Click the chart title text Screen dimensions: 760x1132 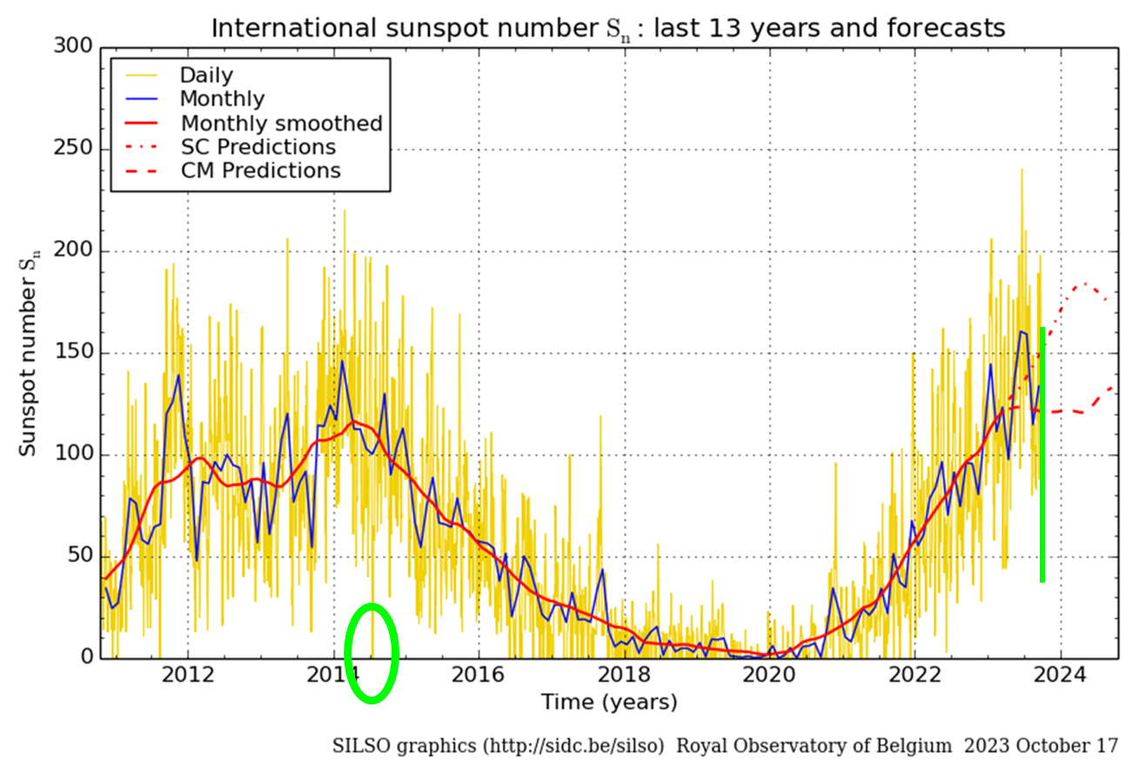pos(608,28)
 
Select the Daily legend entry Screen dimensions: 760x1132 pos(205,76)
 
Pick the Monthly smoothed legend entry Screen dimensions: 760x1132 pos(281,123)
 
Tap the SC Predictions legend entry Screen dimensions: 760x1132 pos(258,146)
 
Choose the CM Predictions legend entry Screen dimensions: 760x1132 pos(260,170)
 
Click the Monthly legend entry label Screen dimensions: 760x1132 pos(222,99)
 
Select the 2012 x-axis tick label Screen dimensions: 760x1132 pos(189,675)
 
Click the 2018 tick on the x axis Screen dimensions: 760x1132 pos(624,675)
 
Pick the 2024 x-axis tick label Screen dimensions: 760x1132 pos(1059,675)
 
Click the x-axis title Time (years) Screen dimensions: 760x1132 pos(608,701)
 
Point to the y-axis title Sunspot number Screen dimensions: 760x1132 pos(29,353)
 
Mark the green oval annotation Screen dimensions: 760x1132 pos(372,653)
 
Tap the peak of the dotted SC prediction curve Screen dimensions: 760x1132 pos(1084,284)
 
